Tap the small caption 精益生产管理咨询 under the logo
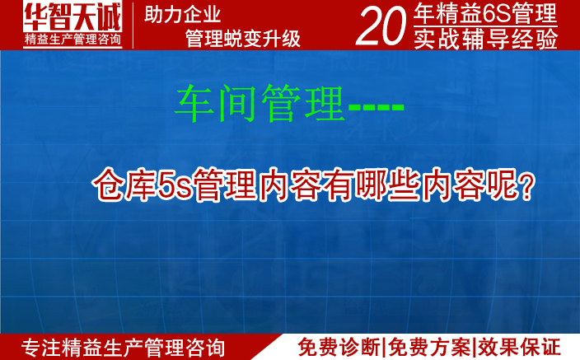pyautogui.click(x=72, y=38)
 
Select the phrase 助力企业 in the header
pyautogui.click(x=183, y=15)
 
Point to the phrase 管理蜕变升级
pyautogui.click(x=243, y=38)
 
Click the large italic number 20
pyautogui.click(x=381, y=26)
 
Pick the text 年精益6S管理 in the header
pyautogui.click(x=486, y=13)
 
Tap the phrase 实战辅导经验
pyautogui.click(x=486, y=38)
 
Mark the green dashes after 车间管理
pyautogui.click(x=376, y=108)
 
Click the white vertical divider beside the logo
pyautogui.click(x=133, y=25)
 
